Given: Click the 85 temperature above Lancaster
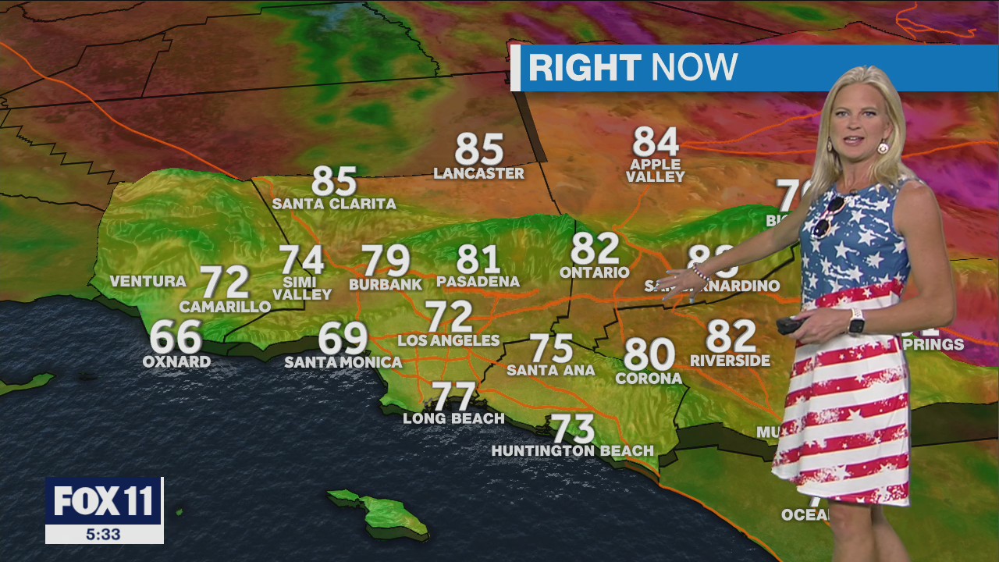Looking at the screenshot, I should pos(478,149).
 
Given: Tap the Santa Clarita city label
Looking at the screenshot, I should pos(334,205).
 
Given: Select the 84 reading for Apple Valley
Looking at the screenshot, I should pos(656,142).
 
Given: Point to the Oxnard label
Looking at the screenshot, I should pos(176,362).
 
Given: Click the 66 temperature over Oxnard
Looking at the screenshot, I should pos(176,337).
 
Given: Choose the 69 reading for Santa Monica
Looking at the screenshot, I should pos(343,339).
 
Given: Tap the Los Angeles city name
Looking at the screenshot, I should pos(449,340).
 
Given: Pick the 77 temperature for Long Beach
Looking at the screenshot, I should pos(453,397).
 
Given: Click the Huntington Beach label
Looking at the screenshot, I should pos(573,450).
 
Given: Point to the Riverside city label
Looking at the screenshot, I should pos(731,361).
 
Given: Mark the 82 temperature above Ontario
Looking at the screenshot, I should pos(595,249).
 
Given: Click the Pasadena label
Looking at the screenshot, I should pos(478,282).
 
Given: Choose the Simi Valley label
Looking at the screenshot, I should pos(302,288).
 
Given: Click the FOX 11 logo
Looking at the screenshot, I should pos(104,500).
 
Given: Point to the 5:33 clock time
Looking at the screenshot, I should pos(104,534).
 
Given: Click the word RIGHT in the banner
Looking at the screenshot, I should pos(585,68).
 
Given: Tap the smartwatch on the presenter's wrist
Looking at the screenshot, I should pos(856,320).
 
